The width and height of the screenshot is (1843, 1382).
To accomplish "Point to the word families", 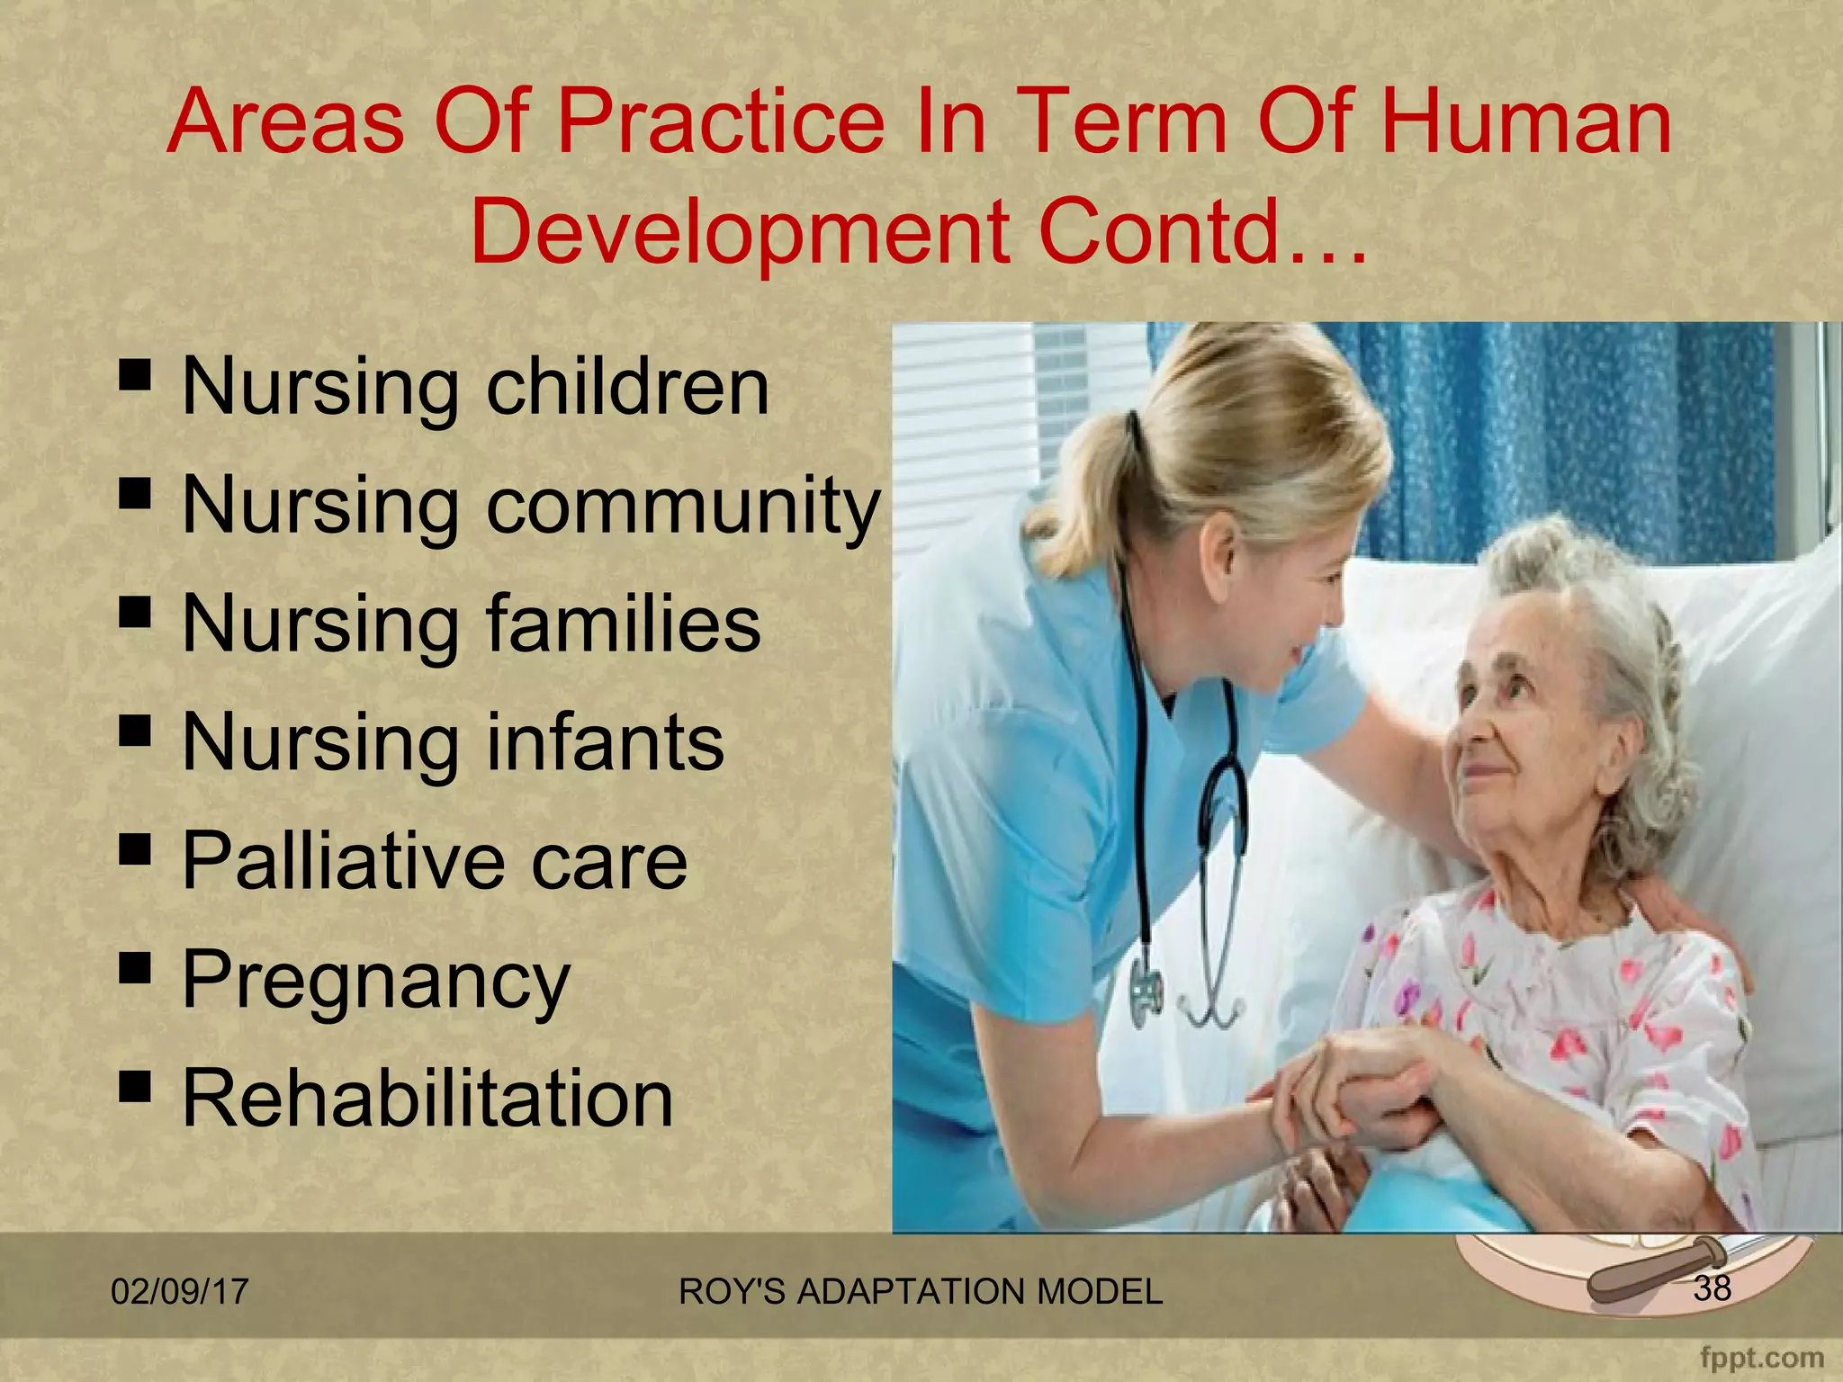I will pos(624,624).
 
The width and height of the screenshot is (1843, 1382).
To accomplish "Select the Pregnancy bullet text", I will pos(376,981).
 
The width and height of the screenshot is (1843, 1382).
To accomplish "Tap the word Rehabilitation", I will pos(427,1099).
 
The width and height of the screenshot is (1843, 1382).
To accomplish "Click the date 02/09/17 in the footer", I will pos(179,1291).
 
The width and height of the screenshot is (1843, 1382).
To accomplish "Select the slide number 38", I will pos(1712,1288).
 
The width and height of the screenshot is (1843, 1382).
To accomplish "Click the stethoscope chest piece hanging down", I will pos(1147,994).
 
